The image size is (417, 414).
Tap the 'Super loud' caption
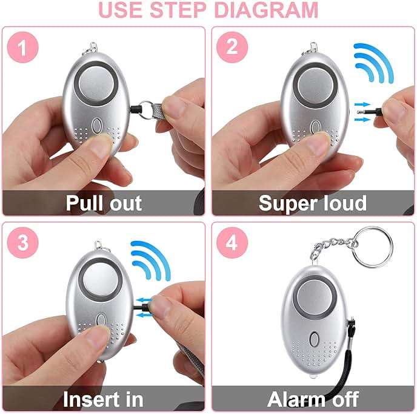(312, 203)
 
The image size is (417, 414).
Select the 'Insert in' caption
(103, 399)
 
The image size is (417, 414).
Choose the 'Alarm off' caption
(312, 399)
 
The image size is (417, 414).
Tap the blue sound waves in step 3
(150, 260)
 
